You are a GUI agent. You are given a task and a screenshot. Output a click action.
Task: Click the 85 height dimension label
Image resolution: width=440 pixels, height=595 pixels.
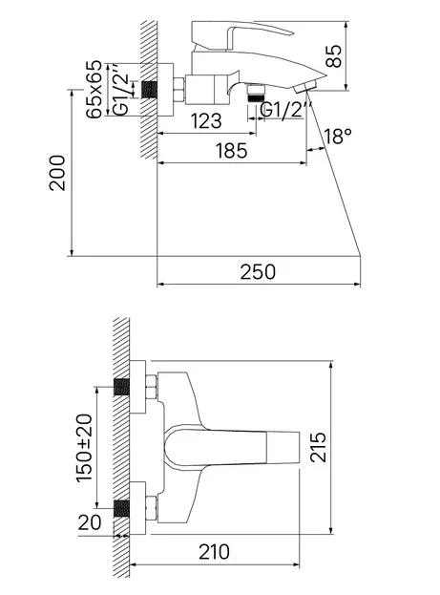(334, 56)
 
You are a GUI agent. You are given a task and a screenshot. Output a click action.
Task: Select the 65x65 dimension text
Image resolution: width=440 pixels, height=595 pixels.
(94, 89)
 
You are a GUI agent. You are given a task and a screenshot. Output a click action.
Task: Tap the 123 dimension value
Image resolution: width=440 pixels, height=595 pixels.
(206, 121)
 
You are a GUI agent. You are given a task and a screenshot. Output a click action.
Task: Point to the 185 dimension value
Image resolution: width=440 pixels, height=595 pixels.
(231, 151)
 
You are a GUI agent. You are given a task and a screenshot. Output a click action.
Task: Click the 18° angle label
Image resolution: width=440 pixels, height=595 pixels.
(338, 136)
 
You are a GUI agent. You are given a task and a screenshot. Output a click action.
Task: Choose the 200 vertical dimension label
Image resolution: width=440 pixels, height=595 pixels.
(57, 173)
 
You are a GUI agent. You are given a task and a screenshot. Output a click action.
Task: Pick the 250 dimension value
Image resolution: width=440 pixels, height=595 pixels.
(258, 272)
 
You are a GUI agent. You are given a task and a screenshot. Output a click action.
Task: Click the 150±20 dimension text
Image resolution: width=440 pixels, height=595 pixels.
(84, 448)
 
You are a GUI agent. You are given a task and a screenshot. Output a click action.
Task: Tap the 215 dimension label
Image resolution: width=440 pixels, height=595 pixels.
(318, 447)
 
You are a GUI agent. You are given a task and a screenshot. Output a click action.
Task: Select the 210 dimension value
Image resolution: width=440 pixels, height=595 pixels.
(215, 552)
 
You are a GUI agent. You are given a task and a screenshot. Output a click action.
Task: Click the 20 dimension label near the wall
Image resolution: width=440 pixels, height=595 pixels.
(90, 522)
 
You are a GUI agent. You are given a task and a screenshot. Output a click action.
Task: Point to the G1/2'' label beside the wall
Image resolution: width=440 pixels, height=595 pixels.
(121, 90)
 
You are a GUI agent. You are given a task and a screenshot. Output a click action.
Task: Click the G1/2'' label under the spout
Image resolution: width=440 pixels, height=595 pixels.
(283, 111)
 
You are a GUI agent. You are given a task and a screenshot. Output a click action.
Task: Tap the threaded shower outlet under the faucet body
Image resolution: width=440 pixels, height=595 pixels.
(256, 94)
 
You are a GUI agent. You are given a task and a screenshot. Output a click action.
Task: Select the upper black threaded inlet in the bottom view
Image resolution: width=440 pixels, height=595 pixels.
(121, 387)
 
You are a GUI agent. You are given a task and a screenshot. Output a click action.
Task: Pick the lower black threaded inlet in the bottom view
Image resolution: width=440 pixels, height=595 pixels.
(121, 508)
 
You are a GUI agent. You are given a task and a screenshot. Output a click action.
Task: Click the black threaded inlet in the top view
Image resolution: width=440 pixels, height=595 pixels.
(150, 90)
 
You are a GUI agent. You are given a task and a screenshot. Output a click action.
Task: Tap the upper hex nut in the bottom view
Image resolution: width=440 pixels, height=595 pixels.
(152, 387)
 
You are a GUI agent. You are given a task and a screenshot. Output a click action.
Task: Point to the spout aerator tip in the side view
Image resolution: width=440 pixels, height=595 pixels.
(305, 87)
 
